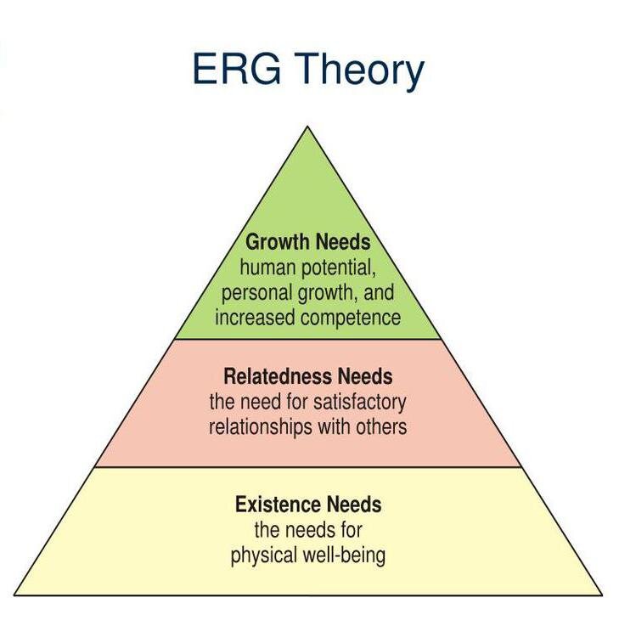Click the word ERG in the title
[237, 69]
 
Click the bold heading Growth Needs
[308, 242]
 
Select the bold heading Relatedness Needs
[308, 376]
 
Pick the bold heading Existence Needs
[308, 505]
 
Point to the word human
[267, 268]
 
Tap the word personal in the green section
[257, 294]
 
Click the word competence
[351, 318]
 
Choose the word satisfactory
[359, 403]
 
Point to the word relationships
[261, 427]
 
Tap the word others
[381, 427]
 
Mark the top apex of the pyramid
[308, 127]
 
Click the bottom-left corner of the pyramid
[14, 595]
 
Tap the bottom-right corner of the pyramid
[602, 595]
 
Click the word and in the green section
[379, 292]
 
